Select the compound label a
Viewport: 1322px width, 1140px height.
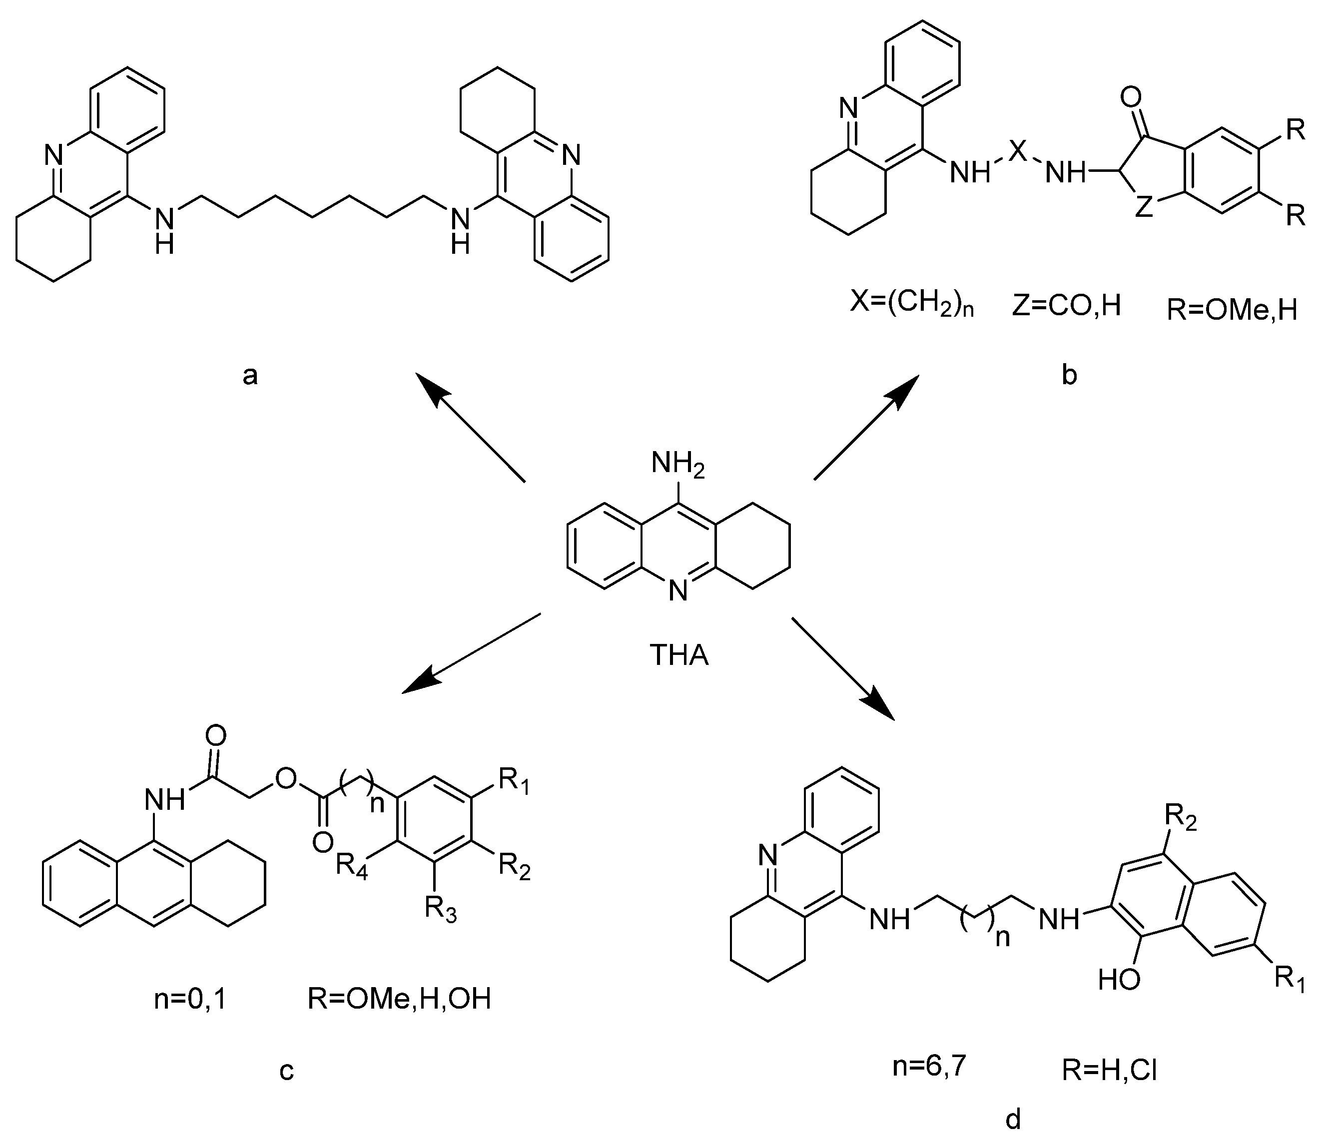point(250,376)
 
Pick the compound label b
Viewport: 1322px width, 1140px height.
point(1069,375)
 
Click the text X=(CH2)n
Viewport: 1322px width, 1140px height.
point(913,306)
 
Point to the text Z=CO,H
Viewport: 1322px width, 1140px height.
point(1066,306)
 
